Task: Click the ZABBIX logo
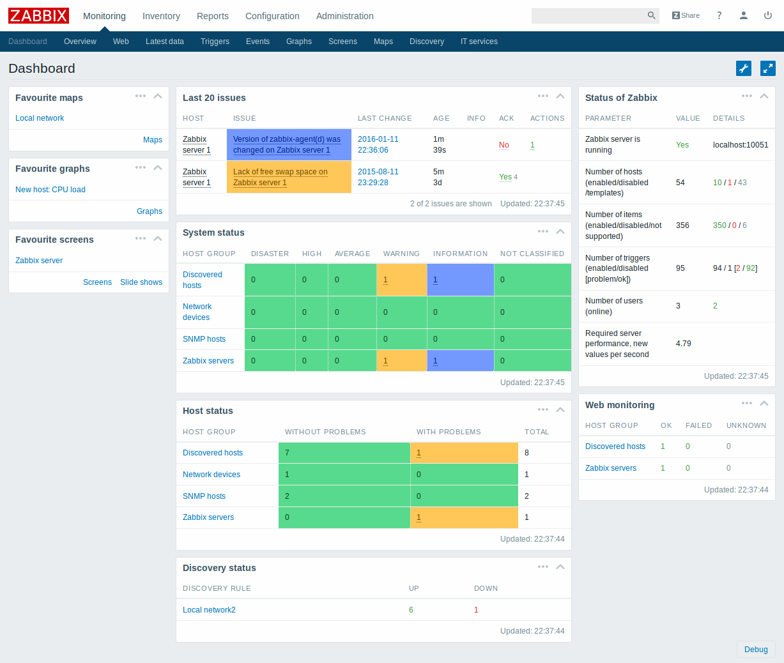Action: (x=38, y=15)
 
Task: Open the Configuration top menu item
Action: (x=272, y=16)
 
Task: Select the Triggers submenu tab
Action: (x=215, y=42)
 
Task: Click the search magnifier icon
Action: (x=651, y=15)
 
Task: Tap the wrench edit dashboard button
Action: (x=744, y=68)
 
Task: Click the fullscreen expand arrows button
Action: (x=767, y=68)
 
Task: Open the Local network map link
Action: (x=40, y=118)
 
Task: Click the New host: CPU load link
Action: (x=50, y=190)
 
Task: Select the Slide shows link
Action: (x=141, y=282)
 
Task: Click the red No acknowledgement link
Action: (x=503, y=145)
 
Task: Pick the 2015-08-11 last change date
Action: (x=378, y=172)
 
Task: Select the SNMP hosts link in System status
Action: (x=204, y=339)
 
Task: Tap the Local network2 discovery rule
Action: (x=209, y=610)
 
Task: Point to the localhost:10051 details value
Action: (x=741, y=145)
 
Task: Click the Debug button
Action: (x=756, y=650)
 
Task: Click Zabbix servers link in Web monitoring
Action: (x=611, y=468)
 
